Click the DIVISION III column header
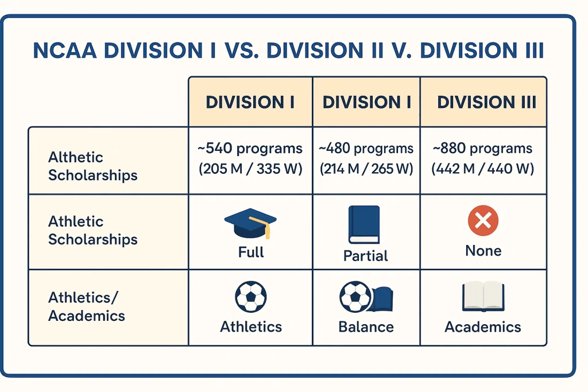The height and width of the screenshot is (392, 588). tap(486, 102)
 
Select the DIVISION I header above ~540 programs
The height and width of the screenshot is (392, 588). tap(250, 102)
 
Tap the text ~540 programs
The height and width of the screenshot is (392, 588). tap(250, 149)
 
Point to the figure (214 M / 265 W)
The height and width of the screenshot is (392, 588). tap(366, 169)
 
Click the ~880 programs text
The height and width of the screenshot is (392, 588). tap(482, 149)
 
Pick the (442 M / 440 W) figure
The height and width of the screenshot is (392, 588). tap(482, 169)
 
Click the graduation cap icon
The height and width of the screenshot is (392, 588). tap(250, 223)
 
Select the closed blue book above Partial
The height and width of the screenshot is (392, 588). tap(364, 224)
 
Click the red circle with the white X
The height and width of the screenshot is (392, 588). tap(483, 220)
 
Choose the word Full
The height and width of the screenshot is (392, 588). tap(251, 252)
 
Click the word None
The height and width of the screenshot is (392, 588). tap(483, 251)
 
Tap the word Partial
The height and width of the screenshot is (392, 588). tap(366, 256)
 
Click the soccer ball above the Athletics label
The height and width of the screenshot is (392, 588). tap(251, 296)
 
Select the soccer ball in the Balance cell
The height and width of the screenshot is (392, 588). tap(355, 296)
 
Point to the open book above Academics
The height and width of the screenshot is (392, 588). tap(483, 296)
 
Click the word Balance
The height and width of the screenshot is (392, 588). tap(366, 327)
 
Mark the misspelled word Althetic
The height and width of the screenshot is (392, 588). tap(75, 157)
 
